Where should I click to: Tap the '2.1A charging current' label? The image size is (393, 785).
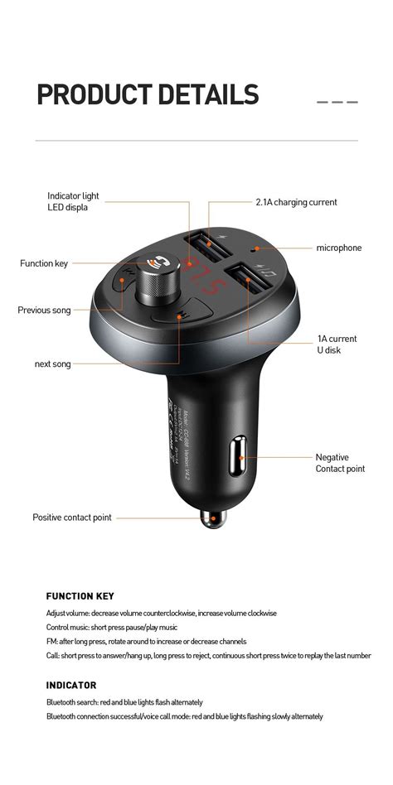296,202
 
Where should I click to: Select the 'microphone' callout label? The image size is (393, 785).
338,248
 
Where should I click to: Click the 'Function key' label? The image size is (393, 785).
44,263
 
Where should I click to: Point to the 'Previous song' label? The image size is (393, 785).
44,311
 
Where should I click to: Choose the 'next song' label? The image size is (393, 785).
52,364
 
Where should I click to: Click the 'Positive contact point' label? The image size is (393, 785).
71,518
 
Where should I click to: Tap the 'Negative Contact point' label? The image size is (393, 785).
339,463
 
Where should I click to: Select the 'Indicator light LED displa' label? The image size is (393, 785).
73,201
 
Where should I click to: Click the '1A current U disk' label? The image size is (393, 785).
337,344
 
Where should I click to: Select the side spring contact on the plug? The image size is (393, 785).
243,456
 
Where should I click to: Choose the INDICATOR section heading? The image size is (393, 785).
71,685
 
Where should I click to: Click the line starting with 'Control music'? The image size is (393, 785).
111,627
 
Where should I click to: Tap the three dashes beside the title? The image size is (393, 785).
337,102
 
